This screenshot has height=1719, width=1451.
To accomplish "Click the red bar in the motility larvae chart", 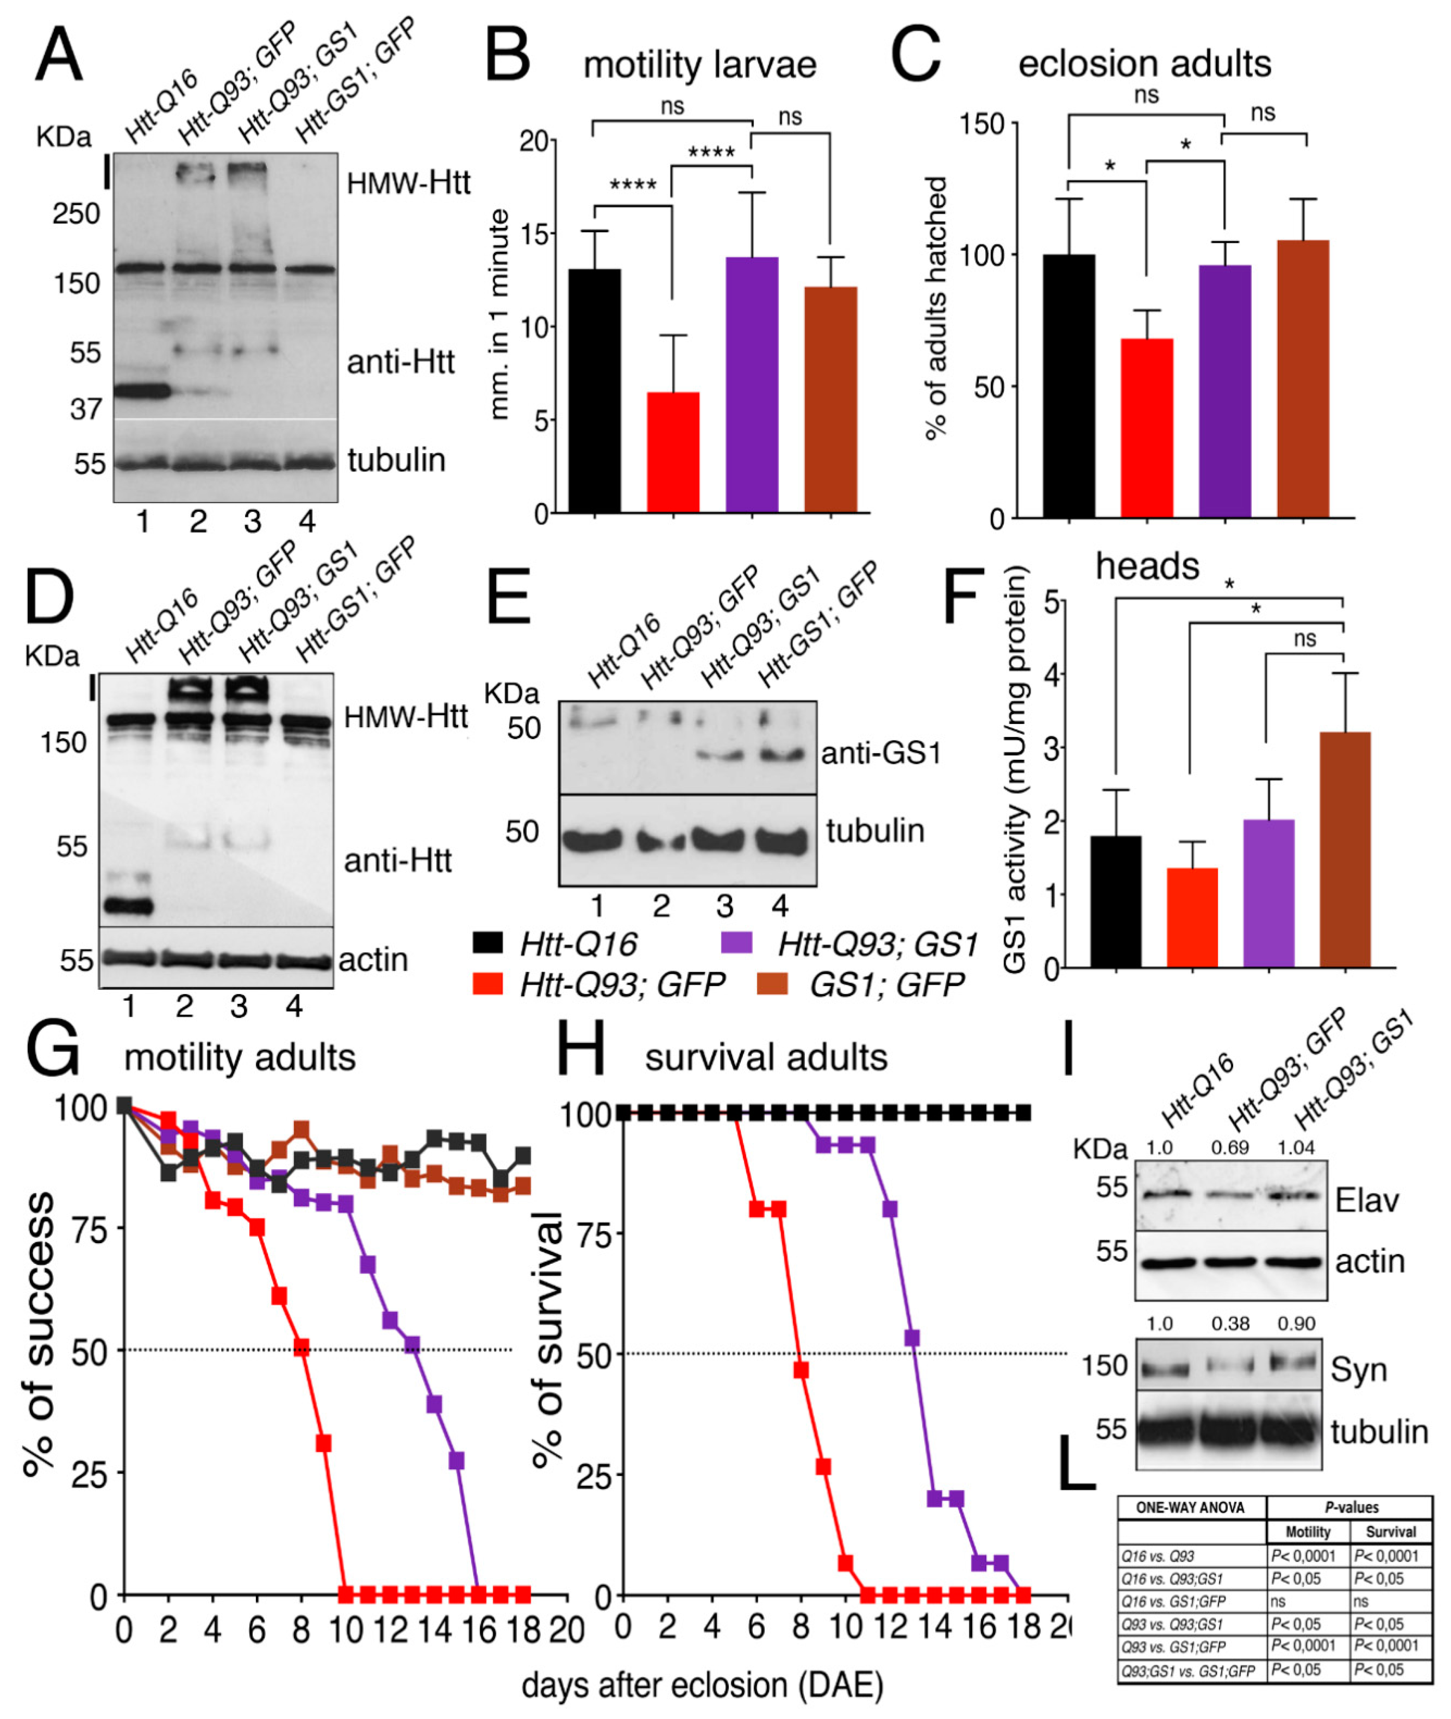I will tap(673, 452).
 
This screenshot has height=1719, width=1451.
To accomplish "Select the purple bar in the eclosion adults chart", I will tap(1225, 391).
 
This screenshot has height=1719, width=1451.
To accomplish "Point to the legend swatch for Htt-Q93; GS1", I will tap(736, 943).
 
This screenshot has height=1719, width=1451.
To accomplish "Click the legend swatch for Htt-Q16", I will tap(488, 943).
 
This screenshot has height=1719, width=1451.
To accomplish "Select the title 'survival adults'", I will tap(766, 1058).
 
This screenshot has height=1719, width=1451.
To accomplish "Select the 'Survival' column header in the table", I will tap(1390, 1531).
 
